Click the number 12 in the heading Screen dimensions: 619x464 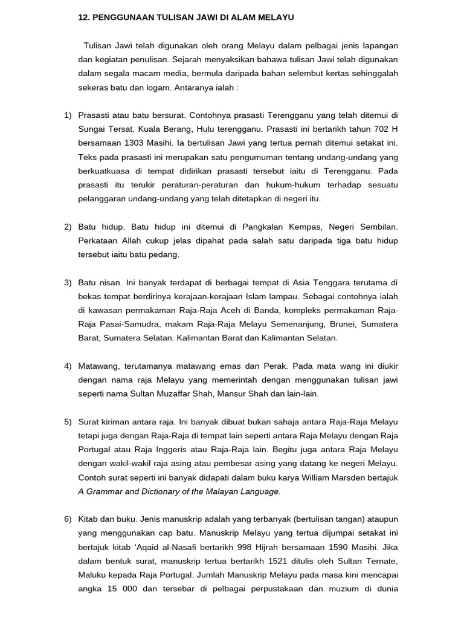(x=83, y=18)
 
